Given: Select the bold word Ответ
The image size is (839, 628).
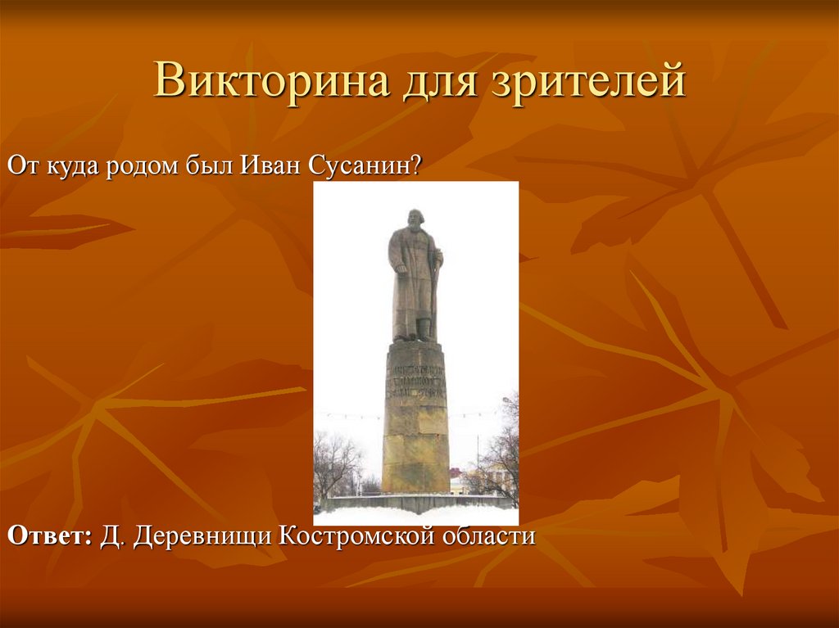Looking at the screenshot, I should point(48,537).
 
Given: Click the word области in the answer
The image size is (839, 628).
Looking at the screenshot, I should point(491,537).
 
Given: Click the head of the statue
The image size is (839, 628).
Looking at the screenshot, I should point(413,222).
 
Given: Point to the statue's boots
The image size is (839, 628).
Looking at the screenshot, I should point(415,334).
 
